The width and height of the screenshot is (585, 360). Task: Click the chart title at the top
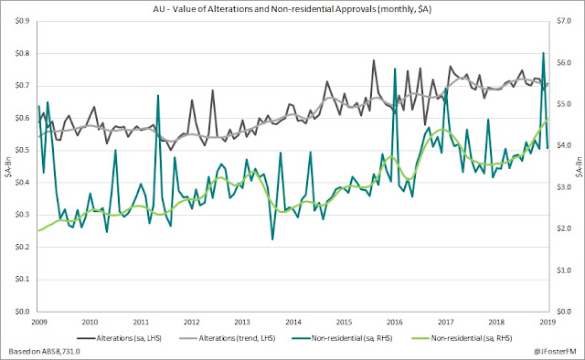click(x=292, y=9)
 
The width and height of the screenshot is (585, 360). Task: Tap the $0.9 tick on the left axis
click(x=22, y=21)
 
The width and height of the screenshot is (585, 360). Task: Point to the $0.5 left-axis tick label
click(x=22, y=151)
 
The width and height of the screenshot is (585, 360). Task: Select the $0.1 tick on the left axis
click(x=22, y=280)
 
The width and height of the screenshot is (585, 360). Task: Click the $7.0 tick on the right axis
click(x=564, y=21)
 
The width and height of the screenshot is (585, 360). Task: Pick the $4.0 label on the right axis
click(x=564, y=145)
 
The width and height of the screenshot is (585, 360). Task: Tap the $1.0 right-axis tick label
click(x=564, y=270)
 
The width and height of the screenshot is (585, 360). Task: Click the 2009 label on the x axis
click(x=39, y=322)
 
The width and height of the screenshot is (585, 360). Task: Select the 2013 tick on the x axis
click(x=242, y=322)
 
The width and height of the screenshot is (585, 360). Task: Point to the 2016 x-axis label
click(x=395, y=322)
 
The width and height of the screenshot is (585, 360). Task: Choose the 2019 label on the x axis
click(x=548, y=322)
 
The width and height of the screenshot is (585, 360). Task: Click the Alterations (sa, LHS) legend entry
click(x=120, y=338)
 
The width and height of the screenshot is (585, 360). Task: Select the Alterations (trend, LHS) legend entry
click(x=228, y=338)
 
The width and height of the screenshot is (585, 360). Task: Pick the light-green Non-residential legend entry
click(x=462, y=338)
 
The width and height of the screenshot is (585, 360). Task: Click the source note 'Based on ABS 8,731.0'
click(x=44, y=352)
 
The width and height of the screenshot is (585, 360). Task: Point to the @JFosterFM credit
click(x=555, y=352)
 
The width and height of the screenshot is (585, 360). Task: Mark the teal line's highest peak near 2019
click(x=543, y=53)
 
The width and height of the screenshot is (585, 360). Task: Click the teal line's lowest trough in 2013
click(x=272, y=239)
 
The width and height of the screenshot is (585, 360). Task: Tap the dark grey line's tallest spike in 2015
click(x=374, y=60)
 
